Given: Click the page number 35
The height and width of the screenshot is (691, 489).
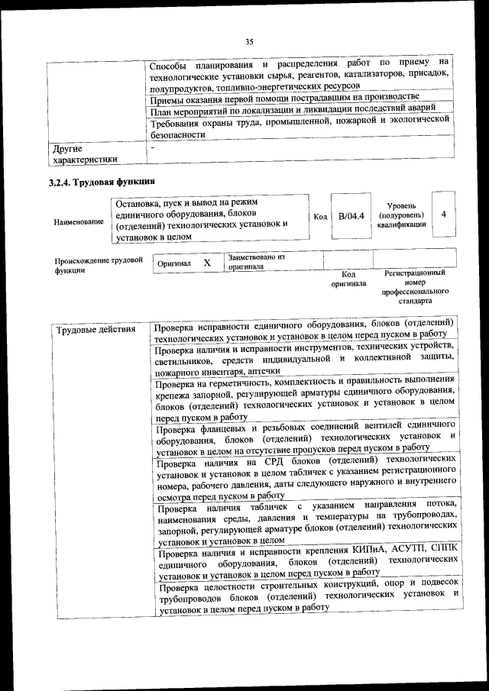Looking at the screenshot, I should click(248, 41).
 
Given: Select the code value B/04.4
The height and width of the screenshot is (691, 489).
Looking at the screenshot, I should click(351, 216).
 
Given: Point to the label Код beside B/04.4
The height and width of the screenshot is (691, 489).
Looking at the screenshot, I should click(320, 217).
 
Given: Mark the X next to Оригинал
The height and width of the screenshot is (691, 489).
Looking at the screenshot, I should click(206, 263).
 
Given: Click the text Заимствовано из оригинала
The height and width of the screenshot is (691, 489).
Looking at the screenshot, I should click(256, 262).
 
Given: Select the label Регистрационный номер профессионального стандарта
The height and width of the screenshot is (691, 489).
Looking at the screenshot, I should click(415, 286).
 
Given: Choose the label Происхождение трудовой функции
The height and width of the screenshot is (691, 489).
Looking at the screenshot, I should click(99, 265).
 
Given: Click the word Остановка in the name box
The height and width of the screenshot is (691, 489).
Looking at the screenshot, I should click(138, 204).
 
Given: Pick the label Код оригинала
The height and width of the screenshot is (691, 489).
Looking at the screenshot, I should click(348, 279).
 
